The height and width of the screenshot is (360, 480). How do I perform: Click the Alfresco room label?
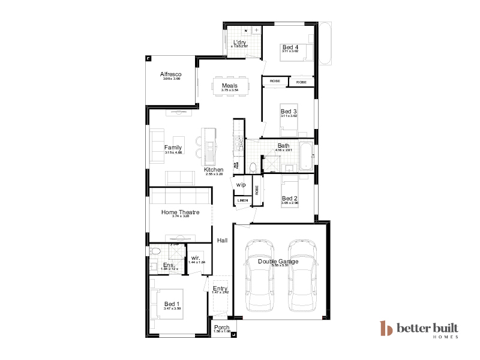click(170, 75)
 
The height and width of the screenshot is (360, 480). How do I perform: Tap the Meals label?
click(230, 86)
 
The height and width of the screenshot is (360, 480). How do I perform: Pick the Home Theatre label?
click(180, 212)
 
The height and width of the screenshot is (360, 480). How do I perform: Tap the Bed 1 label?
click(172, 304)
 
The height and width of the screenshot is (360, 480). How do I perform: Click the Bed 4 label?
click(290, 47)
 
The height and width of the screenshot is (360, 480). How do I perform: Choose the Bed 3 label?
click(289, 112)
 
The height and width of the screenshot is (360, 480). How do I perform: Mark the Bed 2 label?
click(289, 199)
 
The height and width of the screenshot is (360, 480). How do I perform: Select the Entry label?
click(220, 289)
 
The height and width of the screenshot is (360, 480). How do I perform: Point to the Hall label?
click(223, 240)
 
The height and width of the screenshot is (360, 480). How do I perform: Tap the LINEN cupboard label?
click(242, 200)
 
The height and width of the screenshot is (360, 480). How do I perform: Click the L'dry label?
click(239, 43)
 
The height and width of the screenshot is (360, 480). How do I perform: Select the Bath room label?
click(283, 145)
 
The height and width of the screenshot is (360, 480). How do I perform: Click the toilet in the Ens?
click(155, 251)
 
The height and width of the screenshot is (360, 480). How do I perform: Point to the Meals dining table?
click(230, 86)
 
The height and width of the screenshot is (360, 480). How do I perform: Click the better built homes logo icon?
click(386, 329)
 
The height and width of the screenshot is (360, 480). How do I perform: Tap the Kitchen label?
click(214, 170)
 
